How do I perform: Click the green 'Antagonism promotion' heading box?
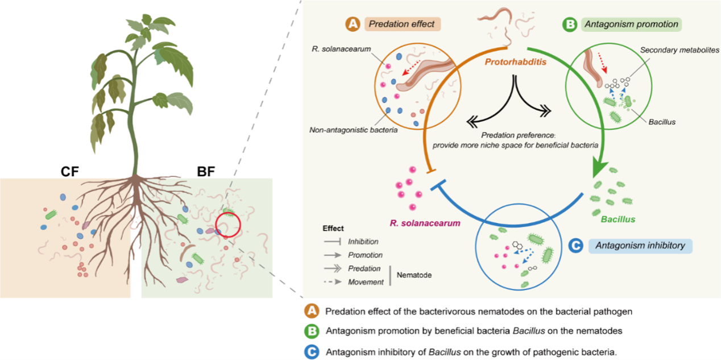629,24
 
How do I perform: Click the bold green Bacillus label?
618,219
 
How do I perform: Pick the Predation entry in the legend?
364,268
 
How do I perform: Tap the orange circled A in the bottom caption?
312,312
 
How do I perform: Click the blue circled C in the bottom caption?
312,352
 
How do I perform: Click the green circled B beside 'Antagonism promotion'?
569,24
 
